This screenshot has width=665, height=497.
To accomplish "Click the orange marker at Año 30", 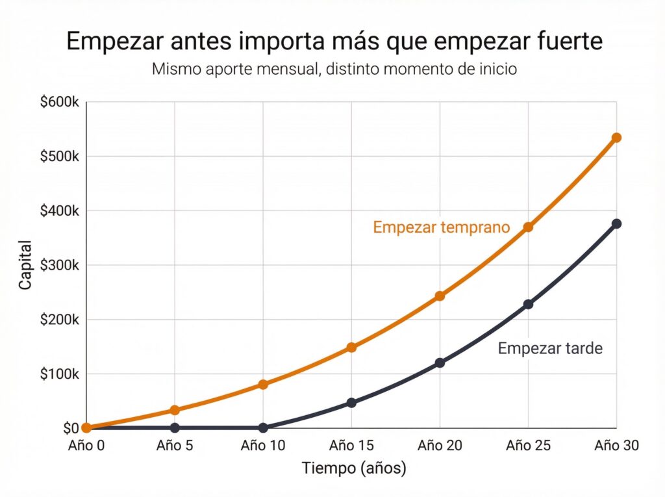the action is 616,138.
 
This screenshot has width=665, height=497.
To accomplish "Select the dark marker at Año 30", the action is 616,223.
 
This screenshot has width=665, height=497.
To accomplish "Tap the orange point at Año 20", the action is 440,296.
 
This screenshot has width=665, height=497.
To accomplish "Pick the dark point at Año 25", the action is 528,304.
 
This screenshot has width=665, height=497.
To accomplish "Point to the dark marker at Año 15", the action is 351,403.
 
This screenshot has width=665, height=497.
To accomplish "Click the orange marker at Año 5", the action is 175,410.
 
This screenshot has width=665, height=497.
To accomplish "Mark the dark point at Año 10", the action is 263,428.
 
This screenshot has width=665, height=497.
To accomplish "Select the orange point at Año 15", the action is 351,348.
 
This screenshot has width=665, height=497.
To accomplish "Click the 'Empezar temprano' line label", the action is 442,227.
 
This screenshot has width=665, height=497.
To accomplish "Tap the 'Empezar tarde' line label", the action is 550,348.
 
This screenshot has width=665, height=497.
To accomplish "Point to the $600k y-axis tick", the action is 59,102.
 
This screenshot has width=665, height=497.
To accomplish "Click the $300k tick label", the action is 59,265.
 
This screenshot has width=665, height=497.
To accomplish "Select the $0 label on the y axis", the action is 71,428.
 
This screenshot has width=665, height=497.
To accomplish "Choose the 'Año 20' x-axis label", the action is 440,445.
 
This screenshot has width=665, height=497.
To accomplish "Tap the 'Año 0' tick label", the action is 86,445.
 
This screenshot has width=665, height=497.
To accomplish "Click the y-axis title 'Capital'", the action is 25,265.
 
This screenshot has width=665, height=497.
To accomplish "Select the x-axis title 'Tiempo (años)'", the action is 354,468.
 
